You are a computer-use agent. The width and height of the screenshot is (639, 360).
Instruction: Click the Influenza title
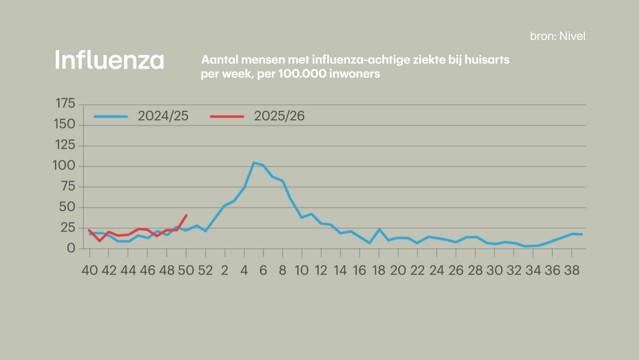click(109, 60)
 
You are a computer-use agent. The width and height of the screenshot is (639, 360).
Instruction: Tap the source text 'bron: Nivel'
click(557, 36)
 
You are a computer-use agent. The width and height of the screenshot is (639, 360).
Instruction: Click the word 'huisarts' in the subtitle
click(487, 60)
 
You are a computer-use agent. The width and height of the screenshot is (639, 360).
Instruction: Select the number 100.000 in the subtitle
click(302, 74)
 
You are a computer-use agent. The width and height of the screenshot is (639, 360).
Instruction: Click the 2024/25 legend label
click(163, 116)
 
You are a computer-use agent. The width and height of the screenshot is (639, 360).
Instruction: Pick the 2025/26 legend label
click(279, 116)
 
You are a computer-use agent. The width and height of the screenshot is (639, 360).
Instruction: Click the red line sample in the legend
click(227, 116)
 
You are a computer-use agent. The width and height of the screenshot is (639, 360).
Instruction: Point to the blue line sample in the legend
click(111, 116)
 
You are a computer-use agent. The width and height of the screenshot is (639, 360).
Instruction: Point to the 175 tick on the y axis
click(65, 104)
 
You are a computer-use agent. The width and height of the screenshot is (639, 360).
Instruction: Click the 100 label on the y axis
click(64, 166)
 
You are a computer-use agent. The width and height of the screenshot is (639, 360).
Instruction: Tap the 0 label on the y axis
click(71, 248)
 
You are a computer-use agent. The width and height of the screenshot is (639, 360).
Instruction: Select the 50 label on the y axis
click(67, 207)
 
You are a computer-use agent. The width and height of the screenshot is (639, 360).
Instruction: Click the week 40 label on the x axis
click(90, 270)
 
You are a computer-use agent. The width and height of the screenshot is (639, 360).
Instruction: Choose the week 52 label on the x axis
click(205, 270)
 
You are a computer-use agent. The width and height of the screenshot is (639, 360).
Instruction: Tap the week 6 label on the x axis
click(263, 270)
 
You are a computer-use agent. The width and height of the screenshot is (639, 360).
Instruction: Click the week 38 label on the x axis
click(572, 270)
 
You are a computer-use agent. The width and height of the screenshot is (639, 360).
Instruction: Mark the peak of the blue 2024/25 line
click(254, 163)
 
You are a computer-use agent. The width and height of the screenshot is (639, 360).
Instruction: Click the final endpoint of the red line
click(186, 215)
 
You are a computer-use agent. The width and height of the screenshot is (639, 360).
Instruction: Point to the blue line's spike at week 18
click(379, 229)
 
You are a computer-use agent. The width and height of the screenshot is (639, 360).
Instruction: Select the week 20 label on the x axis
click(398, 270)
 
